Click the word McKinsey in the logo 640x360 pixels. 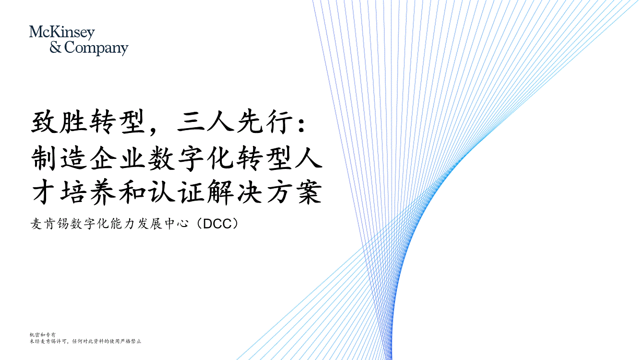(62, 33)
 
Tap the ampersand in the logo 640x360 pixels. (56, 47)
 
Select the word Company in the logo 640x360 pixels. (97, 48)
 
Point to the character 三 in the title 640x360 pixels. (191, 122)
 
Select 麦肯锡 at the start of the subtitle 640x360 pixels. (50, 224)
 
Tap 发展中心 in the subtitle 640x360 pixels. (163, 224)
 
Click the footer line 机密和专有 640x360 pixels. (43, 335)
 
